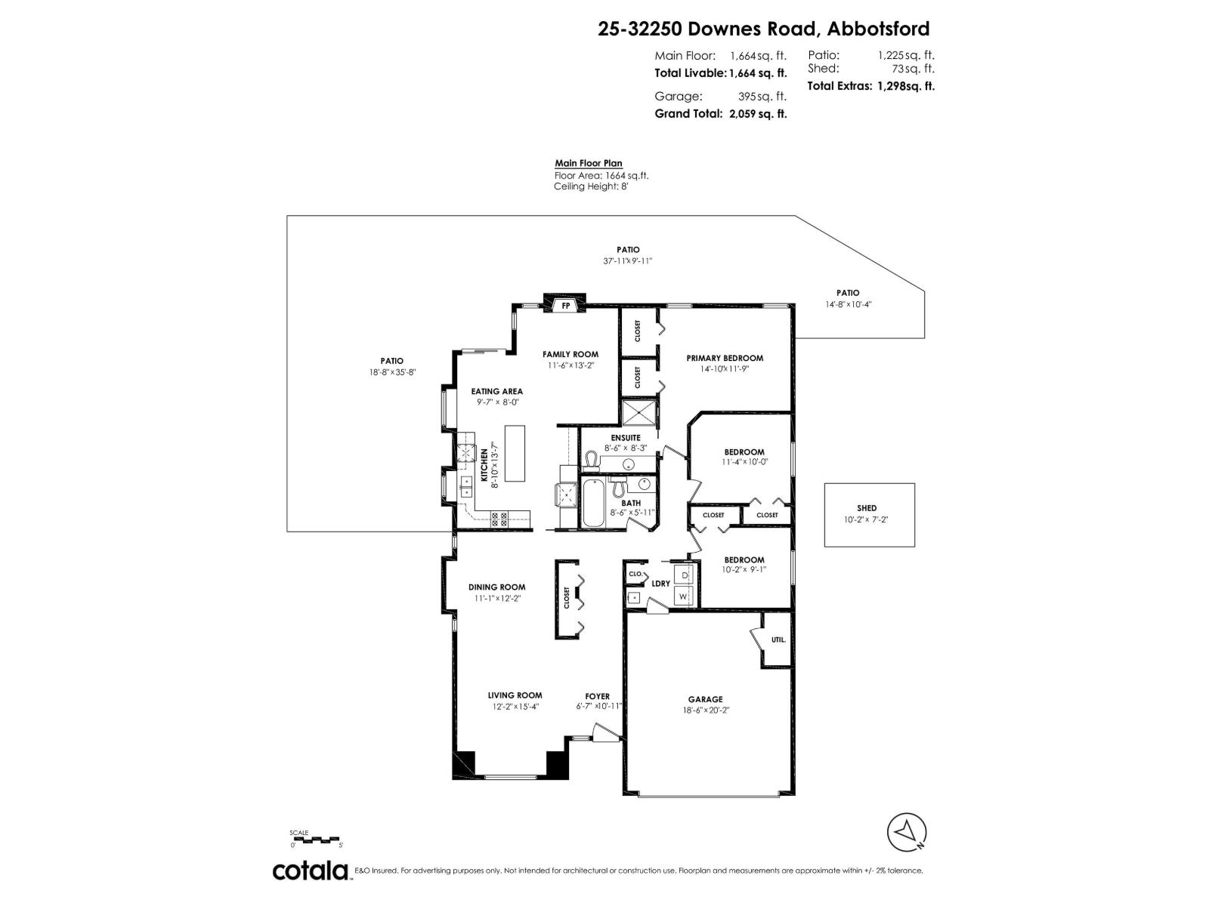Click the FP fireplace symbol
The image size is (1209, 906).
565,305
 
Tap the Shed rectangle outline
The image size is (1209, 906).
869,514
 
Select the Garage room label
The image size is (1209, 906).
705,699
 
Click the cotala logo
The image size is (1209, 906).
311,871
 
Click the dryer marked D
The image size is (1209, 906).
685,575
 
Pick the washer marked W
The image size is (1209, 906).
685,596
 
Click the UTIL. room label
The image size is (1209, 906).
778,639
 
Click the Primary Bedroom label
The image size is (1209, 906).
725,358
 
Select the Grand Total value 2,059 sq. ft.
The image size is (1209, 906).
757,114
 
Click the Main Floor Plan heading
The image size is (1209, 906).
589,163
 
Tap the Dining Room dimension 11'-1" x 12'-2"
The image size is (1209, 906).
496,598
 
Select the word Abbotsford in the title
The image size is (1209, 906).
878,29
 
